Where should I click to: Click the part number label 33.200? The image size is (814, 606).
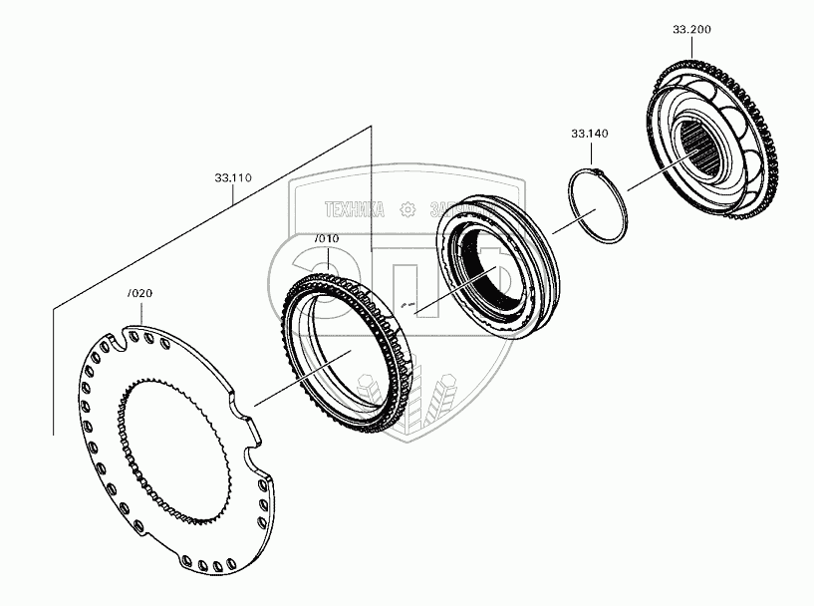(x=691, y=30)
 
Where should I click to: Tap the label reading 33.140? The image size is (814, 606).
(x=590, y=133)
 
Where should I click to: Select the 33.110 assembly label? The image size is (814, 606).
(x=232, y=178)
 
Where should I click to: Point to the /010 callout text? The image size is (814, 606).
(x=327, y=239)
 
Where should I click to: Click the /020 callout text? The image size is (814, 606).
(x=140, y=293)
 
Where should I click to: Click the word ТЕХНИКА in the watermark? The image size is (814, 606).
(x=353, y=209)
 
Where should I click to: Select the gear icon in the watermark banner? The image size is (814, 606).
(x=406, y=209)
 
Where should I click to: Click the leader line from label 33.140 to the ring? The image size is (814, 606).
(x=591, y=154)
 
